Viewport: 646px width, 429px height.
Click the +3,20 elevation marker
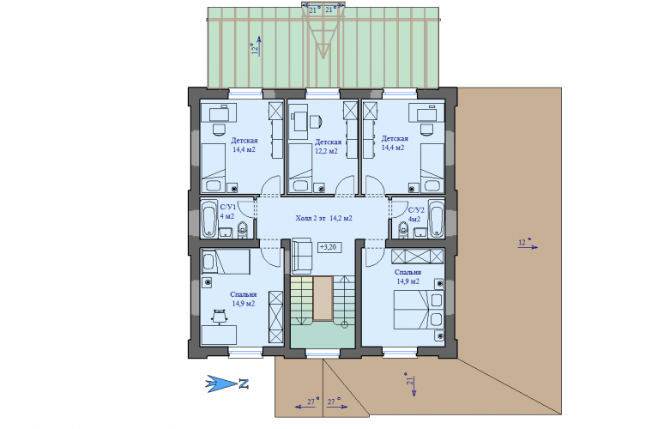pyautogui.click(x=329, y=247)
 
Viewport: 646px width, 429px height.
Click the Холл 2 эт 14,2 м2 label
pyautogui.click(x=323, y=219)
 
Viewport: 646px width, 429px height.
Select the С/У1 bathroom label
pyautogui.click(x=227, y=207)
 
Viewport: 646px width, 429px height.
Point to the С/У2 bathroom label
pyautogui.click(x=416, y=210)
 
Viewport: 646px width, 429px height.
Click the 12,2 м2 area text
pyautogui.click(x=326, y=151)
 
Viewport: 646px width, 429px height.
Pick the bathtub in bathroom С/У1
pyautogui.click(x=208, y=219)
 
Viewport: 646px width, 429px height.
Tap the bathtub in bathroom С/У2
pyautogui.click(x=437, y=219)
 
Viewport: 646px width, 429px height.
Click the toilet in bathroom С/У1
pyautogui.click(x=243, y=229)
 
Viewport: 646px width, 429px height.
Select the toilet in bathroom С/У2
pyautogui.click(x=403, y=229)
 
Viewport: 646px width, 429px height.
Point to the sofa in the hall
pyautogui.click(x=301, y=256)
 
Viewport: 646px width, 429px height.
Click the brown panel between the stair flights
pyautogui.click(x=323, y=299)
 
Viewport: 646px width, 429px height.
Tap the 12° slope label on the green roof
pyautogui.click(x=256, y=48)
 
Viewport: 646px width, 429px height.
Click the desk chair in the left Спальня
pyautogui.click(x=219, y=316)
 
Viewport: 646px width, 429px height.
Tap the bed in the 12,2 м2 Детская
pyautogui.click(x=300, y=167)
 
